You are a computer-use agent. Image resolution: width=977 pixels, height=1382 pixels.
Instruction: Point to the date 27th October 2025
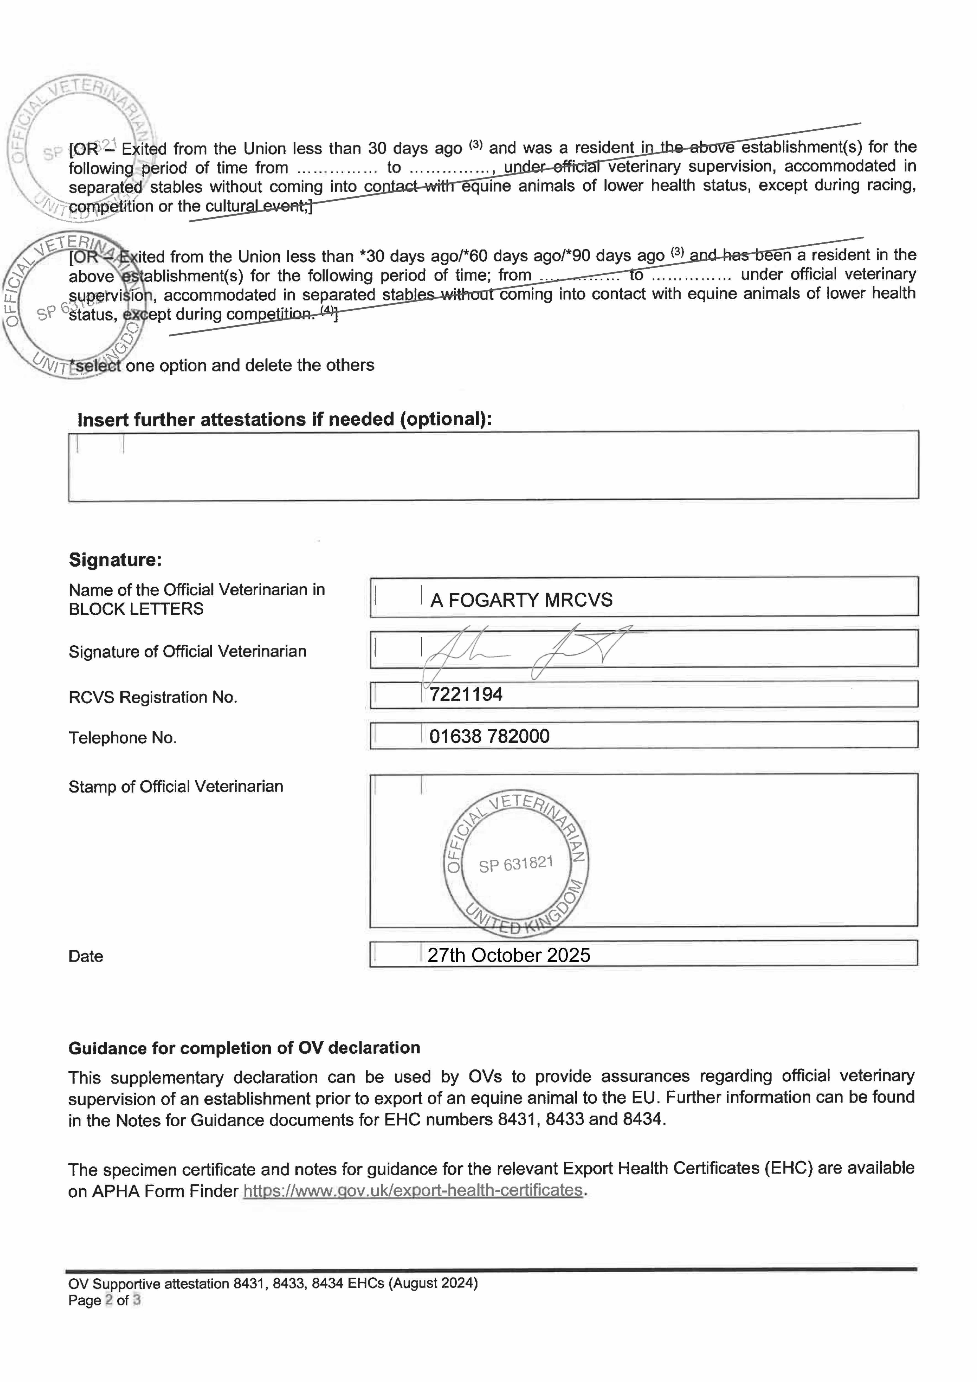(x=509, y=955)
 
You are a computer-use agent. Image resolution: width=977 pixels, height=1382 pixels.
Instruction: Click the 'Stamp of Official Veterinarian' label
(x=176, y=787)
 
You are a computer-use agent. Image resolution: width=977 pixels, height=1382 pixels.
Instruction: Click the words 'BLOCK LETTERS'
(x=136, y=609)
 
